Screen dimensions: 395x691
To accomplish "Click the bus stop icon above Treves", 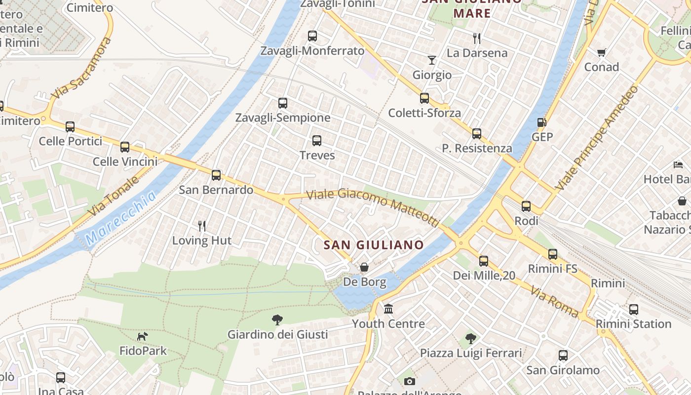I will pos(317,141).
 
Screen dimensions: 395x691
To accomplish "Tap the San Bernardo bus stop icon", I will pos(216,175).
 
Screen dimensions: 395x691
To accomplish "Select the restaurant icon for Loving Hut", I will pos(201,226).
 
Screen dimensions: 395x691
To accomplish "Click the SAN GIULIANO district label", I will pos(374,245).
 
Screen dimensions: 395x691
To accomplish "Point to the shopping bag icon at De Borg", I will pos(364,267).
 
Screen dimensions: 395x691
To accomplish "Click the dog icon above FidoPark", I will pos(143,336).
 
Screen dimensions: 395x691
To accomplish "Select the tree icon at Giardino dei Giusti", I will pos(277,320).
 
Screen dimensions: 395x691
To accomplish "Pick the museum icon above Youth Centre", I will pos(388,309).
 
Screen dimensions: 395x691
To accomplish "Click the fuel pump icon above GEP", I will pos(541,122).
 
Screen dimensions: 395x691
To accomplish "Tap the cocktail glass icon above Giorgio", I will pos(432,60).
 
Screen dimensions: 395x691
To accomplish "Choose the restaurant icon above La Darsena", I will pos(477,38).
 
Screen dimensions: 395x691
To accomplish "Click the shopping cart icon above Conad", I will pos(601,52).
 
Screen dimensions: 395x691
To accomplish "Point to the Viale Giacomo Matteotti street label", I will pos(373,206).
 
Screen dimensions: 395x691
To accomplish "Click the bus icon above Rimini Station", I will pos(633,310).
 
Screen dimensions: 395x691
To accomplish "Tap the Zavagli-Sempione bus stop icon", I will pos(282,103).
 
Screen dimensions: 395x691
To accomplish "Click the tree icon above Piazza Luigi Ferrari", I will pos(470,339).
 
